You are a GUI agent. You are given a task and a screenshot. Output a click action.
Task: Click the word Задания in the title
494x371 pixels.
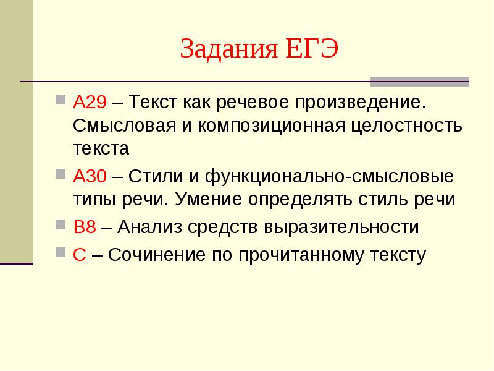pyautogui.click(x=229, y=49)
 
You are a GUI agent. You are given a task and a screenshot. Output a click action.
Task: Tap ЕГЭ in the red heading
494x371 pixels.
pyautogui.click(x=312, y=49)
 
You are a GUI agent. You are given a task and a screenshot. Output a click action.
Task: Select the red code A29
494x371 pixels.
pyautogui.click(x=90, y=102)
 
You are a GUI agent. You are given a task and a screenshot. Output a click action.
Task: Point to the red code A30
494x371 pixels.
pyautogui.click(x=90, y=176)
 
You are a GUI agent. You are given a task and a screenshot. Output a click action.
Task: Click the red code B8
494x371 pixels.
pyautogui.click(x=85, y=226)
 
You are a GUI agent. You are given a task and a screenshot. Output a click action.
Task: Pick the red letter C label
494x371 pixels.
pyautogui.click(x=80, y=254)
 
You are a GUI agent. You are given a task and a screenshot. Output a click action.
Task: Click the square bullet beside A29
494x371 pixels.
pyautogui.click(x=61, y=100)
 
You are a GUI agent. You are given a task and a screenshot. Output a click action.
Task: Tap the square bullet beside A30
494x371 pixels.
pyautogui.click(x=61, y=174)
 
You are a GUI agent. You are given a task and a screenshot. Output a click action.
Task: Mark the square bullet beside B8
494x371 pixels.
pyautogui.click(x=61, y=224)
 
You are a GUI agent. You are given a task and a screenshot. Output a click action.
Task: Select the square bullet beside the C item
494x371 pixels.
pyautogui.click(x=61, y=252)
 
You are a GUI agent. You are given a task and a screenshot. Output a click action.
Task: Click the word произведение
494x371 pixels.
pyautogui.click(x=361, y=103)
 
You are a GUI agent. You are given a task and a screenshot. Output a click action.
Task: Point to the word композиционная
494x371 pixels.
pyautogui.click(x=272, y=126)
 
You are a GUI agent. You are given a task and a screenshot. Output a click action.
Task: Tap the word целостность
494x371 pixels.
pyautogui.click(x=407, y=126)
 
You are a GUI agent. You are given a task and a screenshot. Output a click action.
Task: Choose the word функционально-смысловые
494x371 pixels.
pyautogui.click(x=330, y=177)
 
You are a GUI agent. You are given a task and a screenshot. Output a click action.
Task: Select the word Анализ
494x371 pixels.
pyautogui.click(x=150, y=227)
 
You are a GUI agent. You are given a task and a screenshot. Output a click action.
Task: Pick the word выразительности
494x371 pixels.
pyautogui.click(x=341, y=227)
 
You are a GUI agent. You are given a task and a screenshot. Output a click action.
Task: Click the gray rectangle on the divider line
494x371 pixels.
pyautogui.click(x=420, y=82)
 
